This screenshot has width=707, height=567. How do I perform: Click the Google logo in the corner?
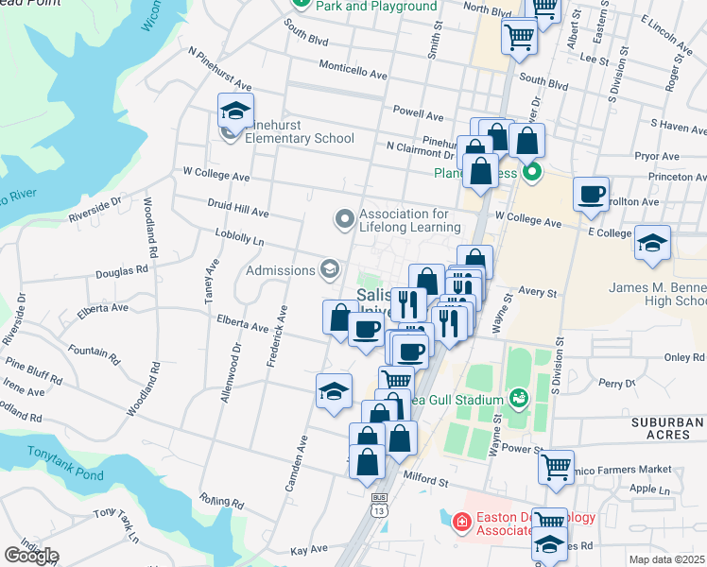(x=31, y=556)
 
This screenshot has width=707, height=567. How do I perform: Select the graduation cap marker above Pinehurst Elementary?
(x=235, y=112)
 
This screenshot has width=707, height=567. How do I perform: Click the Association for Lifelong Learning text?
(x=410, y=220)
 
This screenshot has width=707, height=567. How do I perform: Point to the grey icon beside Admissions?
(x=329, y=270)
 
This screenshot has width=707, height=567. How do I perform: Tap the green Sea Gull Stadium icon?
(x=518, y=397)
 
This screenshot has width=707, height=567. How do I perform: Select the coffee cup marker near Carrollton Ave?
(x=592, y=195)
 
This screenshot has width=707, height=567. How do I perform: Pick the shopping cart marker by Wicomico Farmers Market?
(x=556, y=465)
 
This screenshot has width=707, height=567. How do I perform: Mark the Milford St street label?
(x=425, y=481)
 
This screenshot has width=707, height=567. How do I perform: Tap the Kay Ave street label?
(x=308, y=549)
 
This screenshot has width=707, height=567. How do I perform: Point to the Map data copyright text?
(x=667, y=559)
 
